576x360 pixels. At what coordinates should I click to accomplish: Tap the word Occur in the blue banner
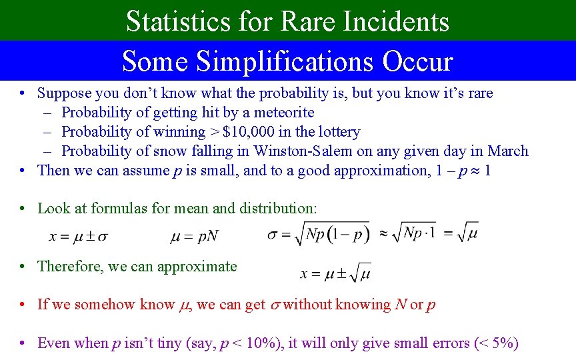click(x=417, y=61)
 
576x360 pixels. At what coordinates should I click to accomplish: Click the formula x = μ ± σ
click(x=79, y=236)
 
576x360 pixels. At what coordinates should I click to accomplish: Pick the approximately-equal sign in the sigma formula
click(x=383, y=234)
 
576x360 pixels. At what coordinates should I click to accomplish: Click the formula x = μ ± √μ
click(x=335, y=273)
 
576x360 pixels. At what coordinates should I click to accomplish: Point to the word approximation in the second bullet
click(x=387, y=171)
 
